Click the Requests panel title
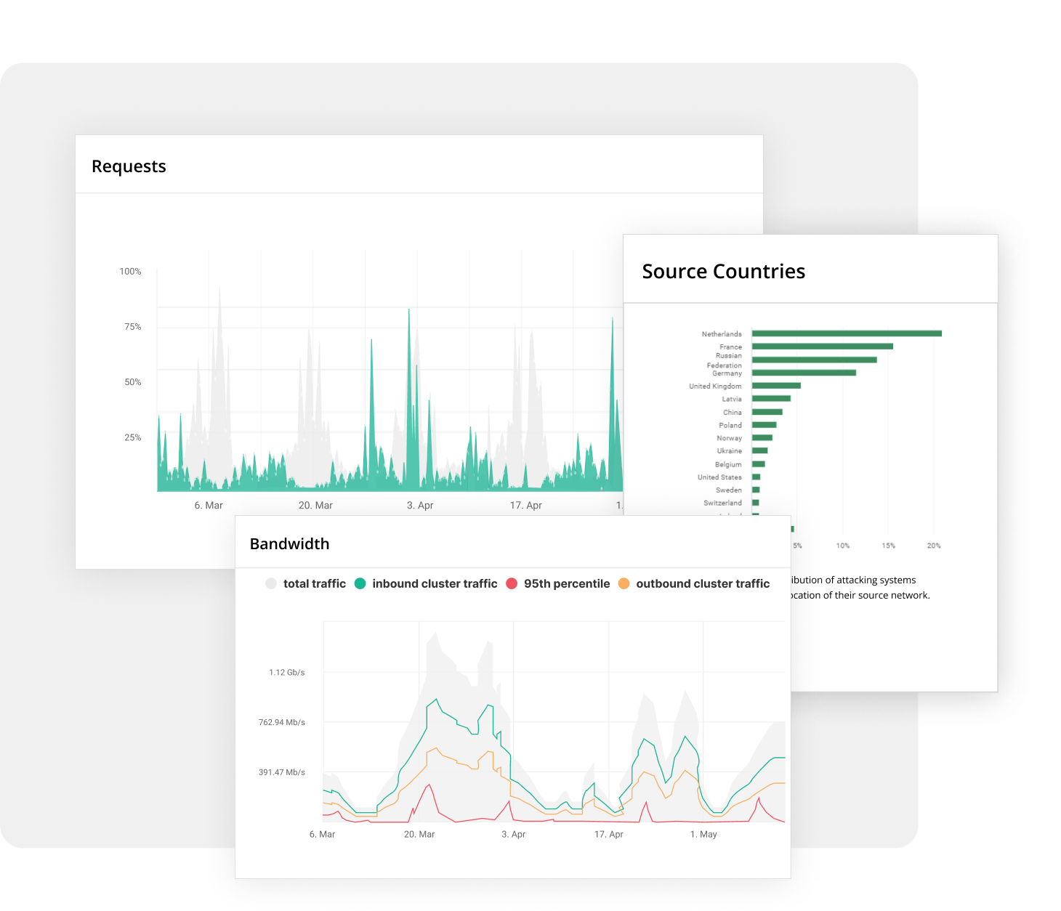coord(129,166)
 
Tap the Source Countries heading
coord(723,271)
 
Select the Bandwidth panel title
coord(289,544)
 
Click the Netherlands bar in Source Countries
coord(847,333)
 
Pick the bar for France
coord(822,347)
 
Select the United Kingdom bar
coord(776,386)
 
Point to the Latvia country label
coord(731,399)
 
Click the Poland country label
coord(730,425)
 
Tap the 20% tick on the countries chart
coord(933,546)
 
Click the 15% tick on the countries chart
coord(888,546)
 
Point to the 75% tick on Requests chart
coord(132,327)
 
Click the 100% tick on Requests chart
coord(130,272)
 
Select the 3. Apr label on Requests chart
coord(420,506)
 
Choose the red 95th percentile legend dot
coord(512,583)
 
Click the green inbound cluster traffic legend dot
coord(360,583)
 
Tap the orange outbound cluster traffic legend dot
coord(624,583)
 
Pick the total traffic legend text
coord(314,583)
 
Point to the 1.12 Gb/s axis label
coord(286,673)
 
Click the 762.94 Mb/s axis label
coord(281,723)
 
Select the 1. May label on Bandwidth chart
coord(703,835)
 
